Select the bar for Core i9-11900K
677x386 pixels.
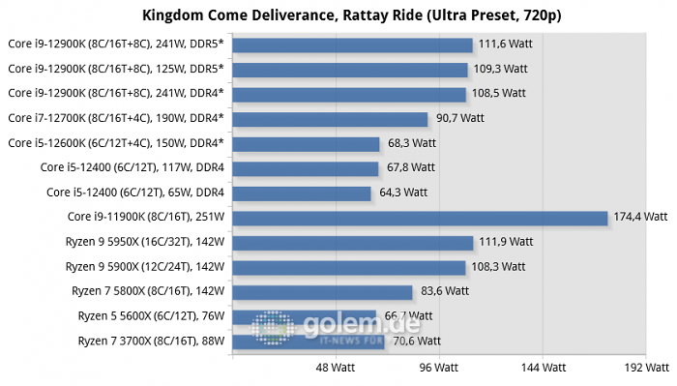pyautogui.click(x=420, y=218)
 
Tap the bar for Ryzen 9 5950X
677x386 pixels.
pyautogui.click(x=353, y=243)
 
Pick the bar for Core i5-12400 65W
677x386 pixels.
pyautogui.click(x=302, y=193)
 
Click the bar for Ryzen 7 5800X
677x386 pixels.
pyautogui.click(x=322, y=292)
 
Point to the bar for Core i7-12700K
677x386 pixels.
pyautogui.click(x=330, y=119)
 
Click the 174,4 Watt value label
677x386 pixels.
pyautogui.click(x=640, y=217)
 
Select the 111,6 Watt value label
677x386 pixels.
pyautogui.click(x=505, y=45)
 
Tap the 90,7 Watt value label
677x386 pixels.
pyautogui.click(x=459, y=118)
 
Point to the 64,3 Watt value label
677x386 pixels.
pyautogui.click(x=403, y=193)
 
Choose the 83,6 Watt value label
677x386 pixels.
pyautogui.click(x=445, y=291)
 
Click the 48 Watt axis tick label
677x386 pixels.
pyautogui.click(x=335, y=368)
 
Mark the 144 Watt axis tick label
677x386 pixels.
pyautogui.click(x=543, y=368)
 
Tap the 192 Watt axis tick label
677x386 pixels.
pyautogui.click(x=646, y=368)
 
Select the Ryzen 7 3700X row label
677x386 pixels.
pyautogui.click(x=151, y=341)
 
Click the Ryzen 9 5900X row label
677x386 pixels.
pyautogui.click(x=145, y=267)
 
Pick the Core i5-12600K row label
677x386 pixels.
pyautogui.click(x=116, y=143)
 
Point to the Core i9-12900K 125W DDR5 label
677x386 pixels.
pyautogui.click(x=116, y=69)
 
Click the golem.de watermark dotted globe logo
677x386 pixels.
pyautogui.click(x=273, y=327)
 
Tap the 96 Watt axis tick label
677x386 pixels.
pyautogui.click(x=439, y=368)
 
